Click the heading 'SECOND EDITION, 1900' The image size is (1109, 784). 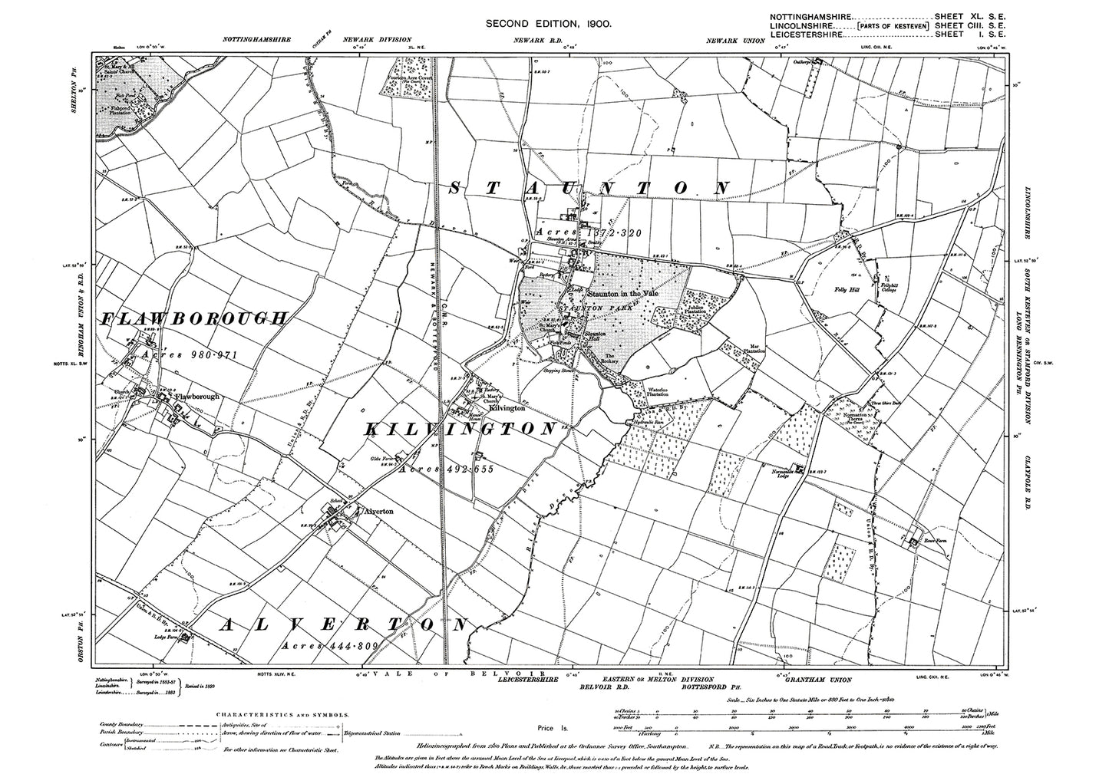[548, 25]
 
